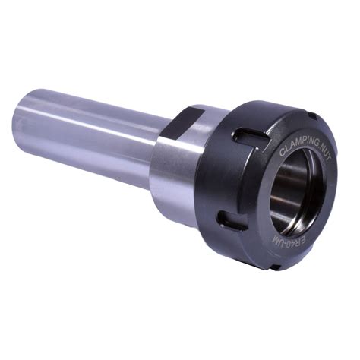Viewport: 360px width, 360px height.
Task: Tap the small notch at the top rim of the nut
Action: [313, 117]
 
